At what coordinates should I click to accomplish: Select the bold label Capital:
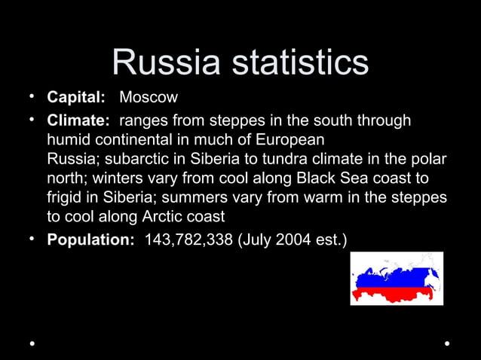(x=75, y=98)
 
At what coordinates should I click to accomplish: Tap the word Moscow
(x=149, y=98)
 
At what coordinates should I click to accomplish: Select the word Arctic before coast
(x=161, y=218)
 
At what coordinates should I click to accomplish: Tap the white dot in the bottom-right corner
(x=448, y=343)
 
